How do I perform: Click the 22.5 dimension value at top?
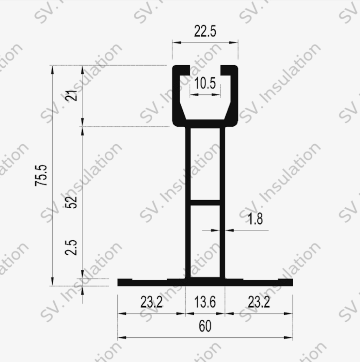coord(205,31)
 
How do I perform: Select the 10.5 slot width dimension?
coord(205,83)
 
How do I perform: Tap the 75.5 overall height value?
coord(41,175)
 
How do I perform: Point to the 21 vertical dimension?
coord(71,95)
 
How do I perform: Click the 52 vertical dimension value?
coord(71,202)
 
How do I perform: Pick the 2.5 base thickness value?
coord(71,247)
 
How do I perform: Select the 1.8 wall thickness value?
coord(255,219)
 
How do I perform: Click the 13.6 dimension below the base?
coord(205,302)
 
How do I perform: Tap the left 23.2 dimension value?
coord(152,302)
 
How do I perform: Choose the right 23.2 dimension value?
coord(259,302)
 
